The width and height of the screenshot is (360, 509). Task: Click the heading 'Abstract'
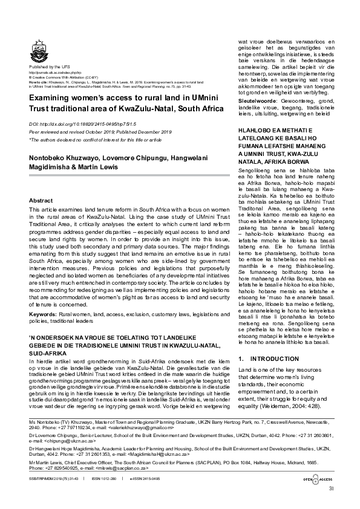click(x=41, y=199)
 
